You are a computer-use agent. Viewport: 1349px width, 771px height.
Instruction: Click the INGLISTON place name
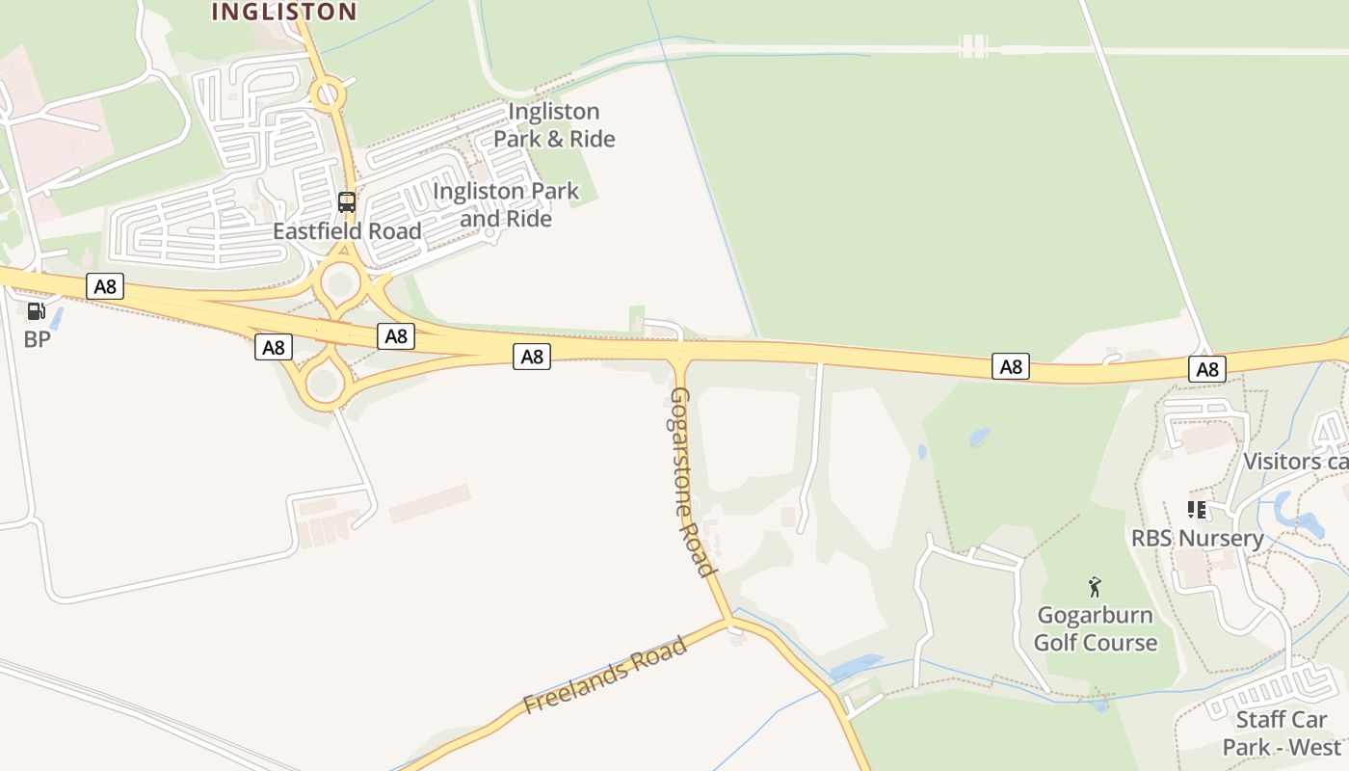(283, 12)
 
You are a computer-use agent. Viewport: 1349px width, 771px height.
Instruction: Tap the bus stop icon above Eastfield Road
(347, 202)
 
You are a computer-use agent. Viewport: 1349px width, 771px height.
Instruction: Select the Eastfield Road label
(347, 231)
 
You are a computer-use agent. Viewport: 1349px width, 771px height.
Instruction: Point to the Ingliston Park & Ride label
(554, 125)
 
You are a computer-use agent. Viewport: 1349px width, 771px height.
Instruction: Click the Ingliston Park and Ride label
(506, 204)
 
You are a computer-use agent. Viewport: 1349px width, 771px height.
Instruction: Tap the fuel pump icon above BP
(36, 310)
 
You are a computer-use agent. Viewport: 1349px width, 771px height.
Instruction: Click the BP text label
(37, 339)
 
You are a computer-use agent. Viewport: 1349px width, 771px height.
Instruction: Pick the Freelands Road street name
(606, 675)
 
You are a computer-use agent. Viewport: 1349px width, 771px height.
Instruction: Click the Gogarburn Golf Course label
(1096, 628)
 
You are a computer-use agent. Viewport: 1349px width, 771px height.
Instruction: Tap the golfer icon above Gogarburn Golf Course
(1095, 586)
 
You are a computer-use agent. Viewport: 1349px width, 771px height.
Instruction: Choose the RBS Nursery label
(1197, 538)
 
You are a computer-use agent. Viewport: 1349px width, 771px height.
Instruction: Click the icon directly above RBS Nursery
(1197, 509)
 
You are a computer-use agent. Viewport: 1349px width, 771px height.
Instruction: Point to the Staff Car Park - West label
(1282, 732)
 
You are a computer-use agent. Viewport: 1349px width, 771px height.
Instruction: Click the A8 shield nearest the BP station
(105, 286)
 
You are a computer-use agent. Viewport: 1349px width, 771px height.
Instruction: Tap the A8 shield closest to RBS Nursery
(1207, 368)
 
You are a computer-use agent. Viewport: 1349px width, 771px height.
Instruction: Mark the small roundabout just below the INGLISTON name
(329, 94)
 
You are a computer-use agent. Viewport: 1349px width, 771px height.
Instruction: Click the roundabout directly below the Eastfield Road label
(340, 283)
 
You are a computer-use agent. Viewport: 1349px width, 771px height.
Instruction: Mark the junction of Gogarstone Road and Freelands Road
(729, 621)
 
